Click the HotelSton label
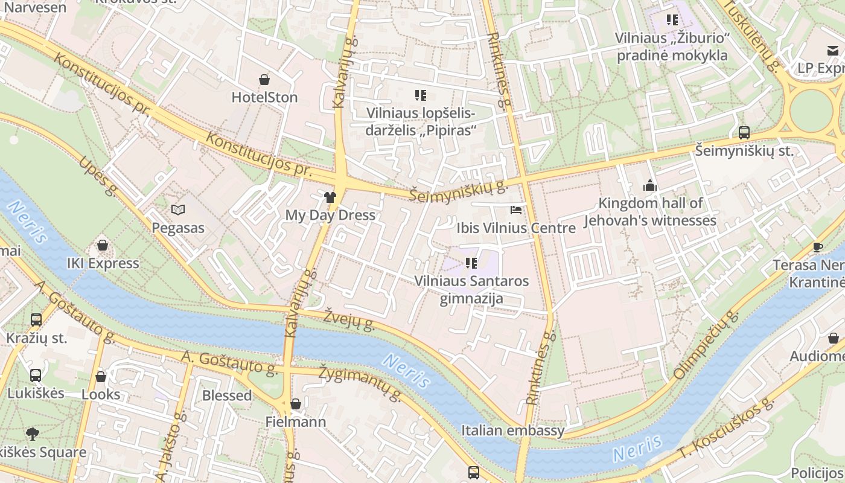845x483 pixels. [264, 97]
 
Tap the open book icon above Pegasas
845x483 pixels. [177, 210]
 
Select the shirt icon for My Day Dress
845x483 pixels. [330, 197]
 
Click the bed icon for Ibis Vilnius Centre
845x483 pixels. [516, 211]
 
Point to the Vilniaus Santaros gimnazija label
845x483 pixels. [471, 290]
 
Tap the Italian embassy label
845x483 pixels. [512, 430]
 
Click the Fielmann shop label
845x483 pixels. [296, 422]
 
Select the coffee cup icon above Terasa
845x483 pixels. [818, 247]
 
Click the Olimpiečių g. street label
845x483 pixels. [706, 345]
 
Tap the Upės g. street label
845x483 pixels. [97, 176]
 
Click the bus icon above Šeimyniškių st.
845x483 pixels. [744, 133]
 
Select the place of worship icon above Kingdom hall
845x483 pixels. [650, 185]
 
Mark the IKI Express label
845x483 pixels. [103, 263]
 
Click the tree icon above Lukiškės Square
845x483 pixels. [33, 433]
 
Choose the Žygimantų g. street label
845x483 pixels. [360, 383]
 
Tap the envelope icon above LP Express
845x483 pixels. [833, 51]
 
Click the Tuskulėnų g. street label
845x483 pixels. [751, 35]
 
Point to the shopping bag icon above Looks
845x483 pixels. [101, 377]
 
